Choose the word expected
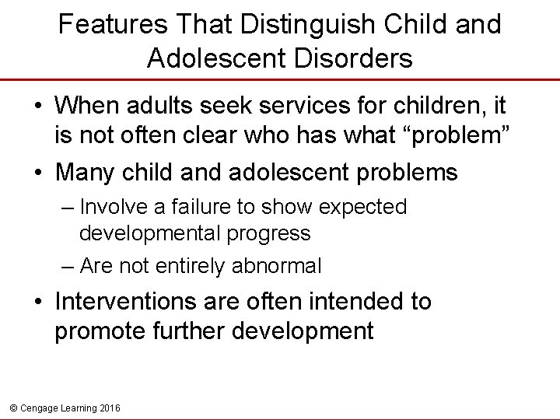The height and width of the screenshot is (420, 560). click(363, 207)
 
